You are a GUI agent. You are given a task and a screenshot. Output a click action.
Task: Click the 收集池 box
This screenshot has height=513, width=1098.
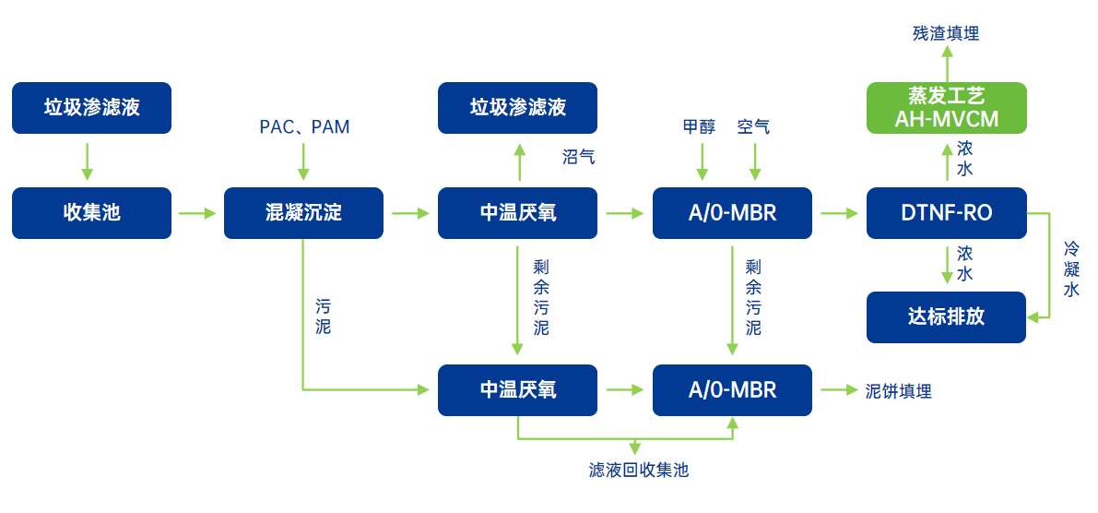[x=91, y=213]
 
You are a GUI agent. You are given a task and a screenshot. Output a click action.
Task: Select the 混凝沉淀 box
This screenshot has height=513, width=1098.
[x=303, y=213]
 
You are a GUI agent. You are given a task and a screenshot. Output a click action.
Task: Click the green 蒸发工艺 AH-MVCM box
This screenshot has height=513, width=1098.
[x=946, y=108]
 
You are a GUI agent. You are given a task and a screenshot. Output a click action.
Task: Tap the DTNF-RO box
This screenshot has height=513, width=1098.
[x=946, y=213]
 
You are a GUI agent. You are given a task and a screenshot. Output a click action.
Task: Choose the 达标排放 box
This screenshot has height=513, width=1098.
[x=946, y=317]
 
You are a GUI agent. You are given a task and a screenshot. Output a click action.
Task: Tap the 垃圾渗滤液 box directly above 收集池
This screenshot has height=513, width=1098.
[x=91, y=108]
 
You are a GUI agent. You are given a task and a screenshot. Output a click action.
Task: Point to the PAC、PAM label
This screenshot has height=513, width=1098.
[x=304, y=127]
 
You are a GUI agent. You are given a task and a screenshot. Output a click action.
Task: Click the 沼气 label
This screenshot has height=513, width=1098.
[x=578, y=157]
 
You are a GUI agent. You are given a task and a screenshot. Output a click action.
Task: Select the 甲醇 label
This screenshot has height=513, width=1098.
[x=699, y=127]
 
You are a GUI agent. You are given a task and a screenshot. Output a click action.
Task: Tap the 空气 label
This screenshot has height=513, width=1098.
[x=753, y=127]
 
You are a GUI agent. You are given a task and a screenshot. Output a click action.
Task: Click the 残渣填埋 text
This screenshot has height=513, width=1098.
[x=946, y=34]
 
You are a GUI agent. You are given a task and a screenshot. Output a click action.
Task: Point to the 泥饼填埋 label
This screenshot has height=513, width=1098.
[x=899, y=391]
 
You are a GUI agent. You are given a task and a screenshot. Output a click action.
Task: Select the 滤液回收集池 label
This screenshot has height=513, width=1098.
[x=638, y=471]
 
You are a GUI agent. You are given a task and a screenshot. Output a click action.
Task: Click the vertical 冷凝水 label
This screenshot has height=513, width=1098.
[x=1071, y=268]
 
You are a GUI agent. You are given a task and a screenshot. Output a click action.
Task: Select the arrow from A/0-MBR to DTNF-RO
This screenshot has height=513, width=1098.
[x=839, y=214]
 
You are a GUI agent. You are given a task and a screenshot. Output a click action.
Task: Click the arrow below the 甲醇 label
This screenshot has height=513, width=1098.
[x=702, y=161]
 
